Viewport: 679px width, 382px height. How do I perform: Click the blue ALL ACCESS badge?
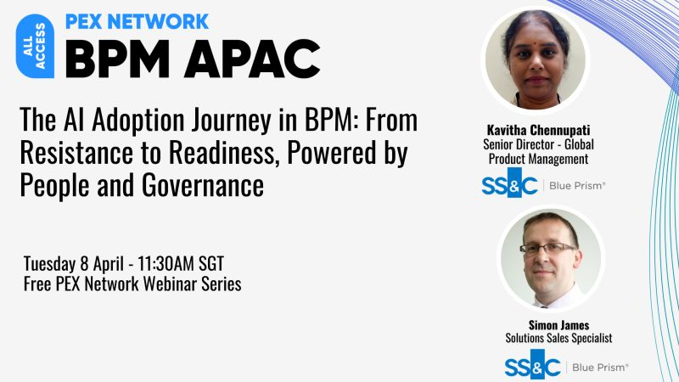point(35,48)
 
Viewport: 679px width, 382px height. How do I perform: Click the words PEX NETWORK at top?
point(137,21)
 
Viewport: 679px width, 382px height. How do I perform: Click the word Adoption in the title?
point(142,121)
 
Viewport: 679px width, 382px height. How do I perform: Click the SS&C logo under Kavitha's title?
point(510,185)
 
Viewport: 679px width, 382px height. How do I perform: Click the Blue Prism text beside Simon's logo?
point(600,367)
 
